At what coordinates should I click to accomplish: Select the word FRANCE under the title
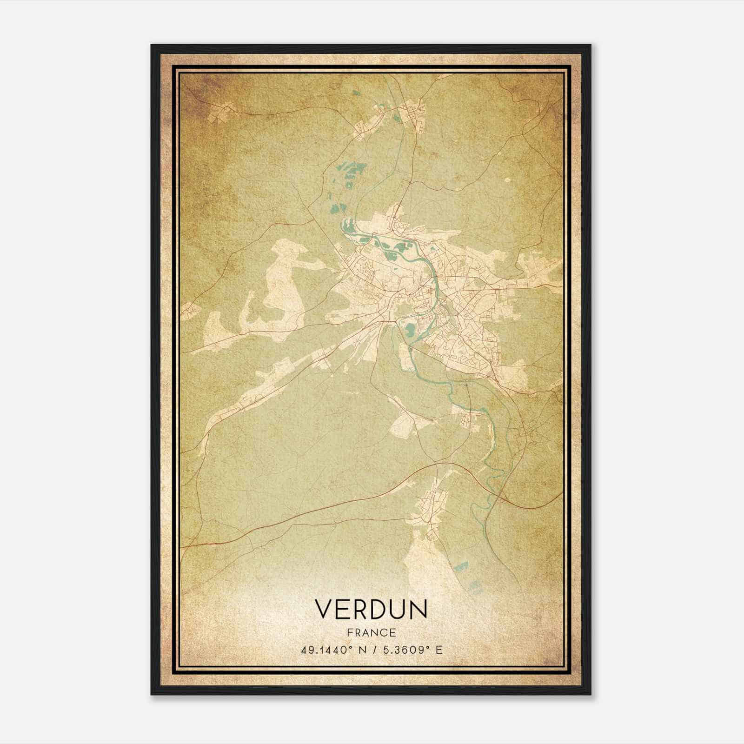pyautogui.click(x=371, y=632)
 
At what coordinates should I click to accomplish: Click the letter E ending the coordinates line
pyautogui.click(x=439, y=650)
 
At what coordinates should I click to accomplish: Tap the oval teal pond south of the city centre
pyautogui.click(x=410, y=331)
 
